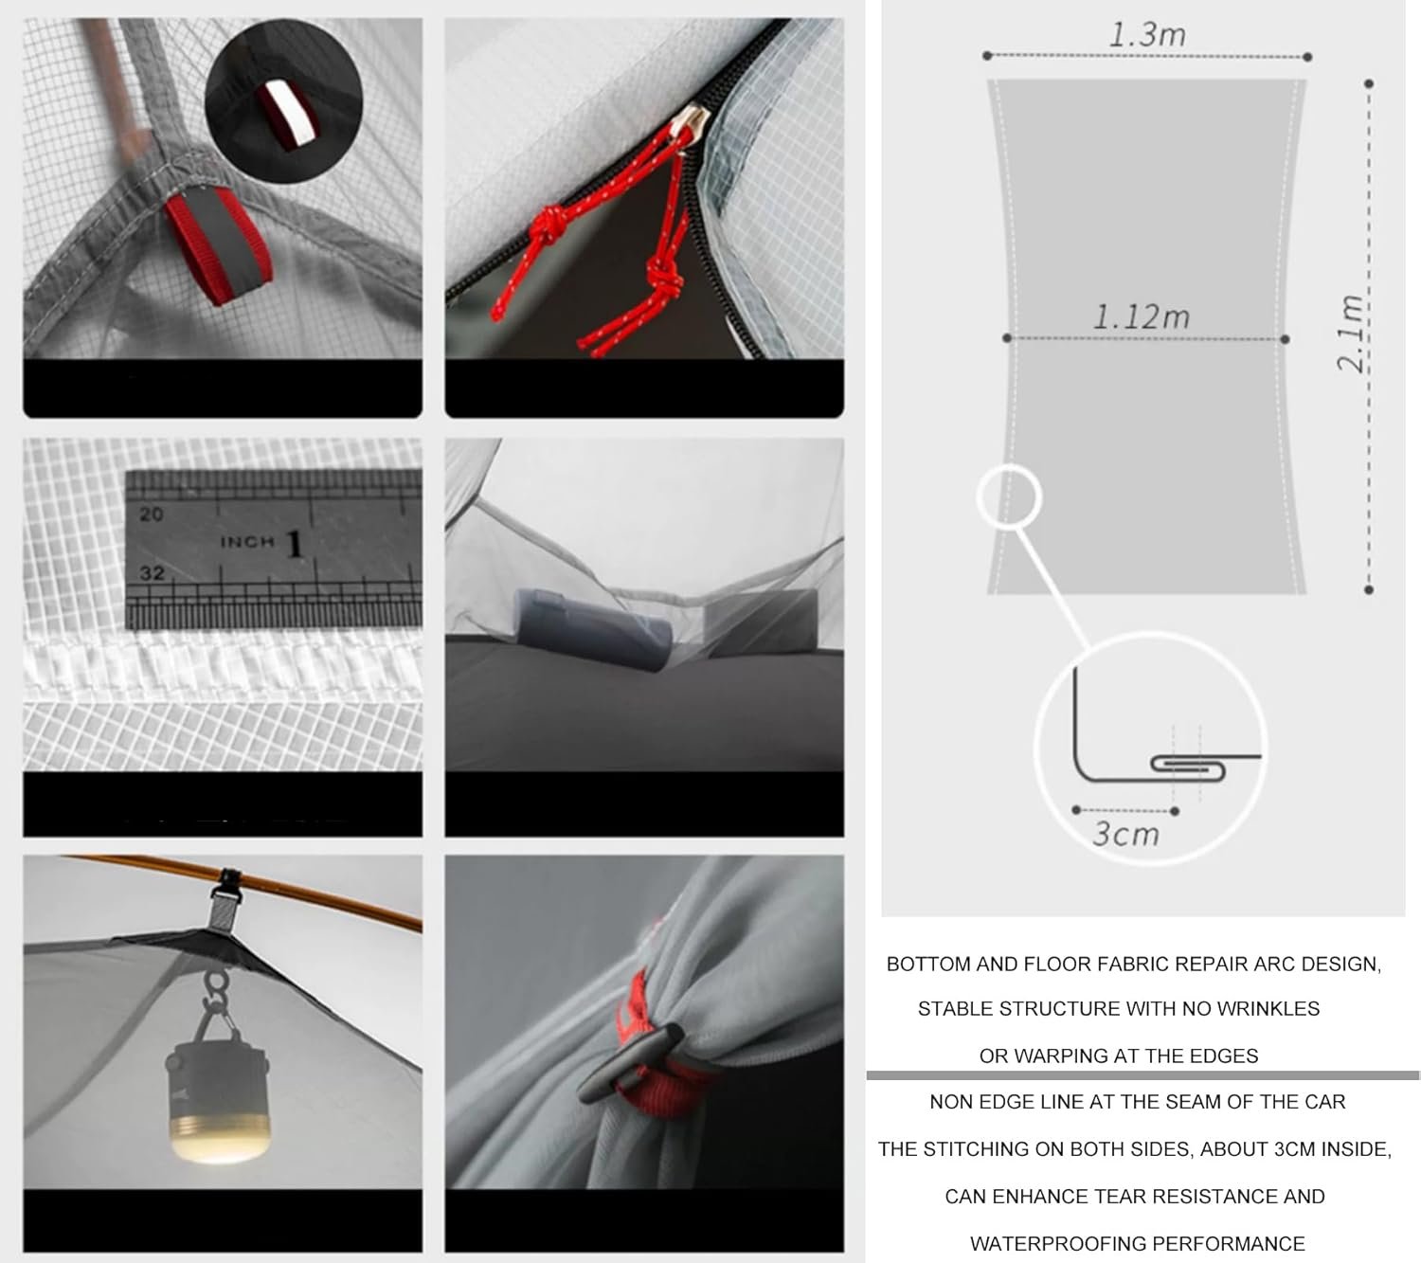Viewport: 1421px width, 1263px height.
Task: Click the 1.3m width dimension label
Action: (x=1147, y=35)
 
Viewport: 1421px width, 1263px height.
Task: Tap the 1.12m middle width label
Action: (x=1142, y=317)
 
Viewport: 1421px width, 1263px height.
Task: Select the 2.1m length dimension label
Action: (x=1350, y=334)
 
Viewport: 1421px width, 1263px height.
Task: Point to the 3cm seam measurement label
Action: (x=1125, y=835)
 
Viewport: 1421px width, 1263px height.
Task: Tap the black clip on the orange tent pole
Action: (x=231, y=885)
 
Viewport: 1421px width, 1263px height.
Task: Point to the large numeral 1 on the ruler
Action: (x=294, y=544)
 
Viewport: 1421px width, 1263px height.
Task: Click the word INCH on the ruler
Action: (x=247, y=542)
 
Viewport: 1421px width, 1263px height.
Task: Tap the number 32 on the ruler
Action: (x=152, y=573)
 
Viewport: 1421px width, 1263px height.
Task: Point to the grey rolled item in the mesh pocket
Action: (x=595, y=630)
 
